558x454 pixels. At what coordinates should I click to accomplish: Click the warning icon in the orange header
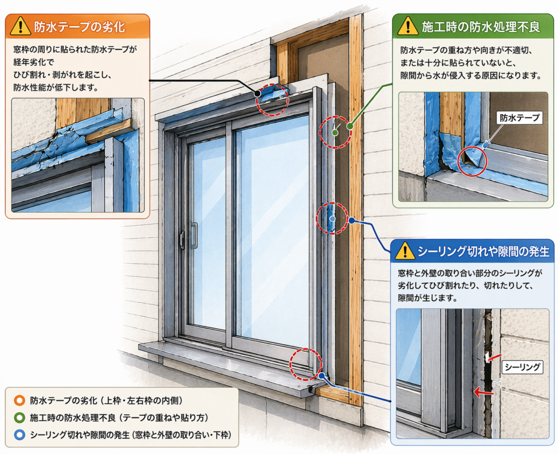click(21, 26)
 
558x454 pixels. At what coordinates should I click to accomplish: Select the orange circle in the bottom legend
click(20, 401)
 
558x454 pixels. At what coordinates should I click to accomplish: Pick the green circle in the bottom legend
click(20, 418)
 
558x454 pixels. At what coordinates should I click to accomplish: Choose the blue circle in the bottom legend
click(20, 435)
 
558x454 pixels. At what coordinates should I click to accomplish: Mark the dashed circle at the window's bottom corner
click(306, 364)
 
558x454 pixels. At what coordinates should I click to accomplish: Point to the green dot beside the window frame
click(349, 126)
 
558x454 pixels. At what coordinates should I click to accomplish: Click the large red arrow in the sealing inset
click(480, 391)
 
